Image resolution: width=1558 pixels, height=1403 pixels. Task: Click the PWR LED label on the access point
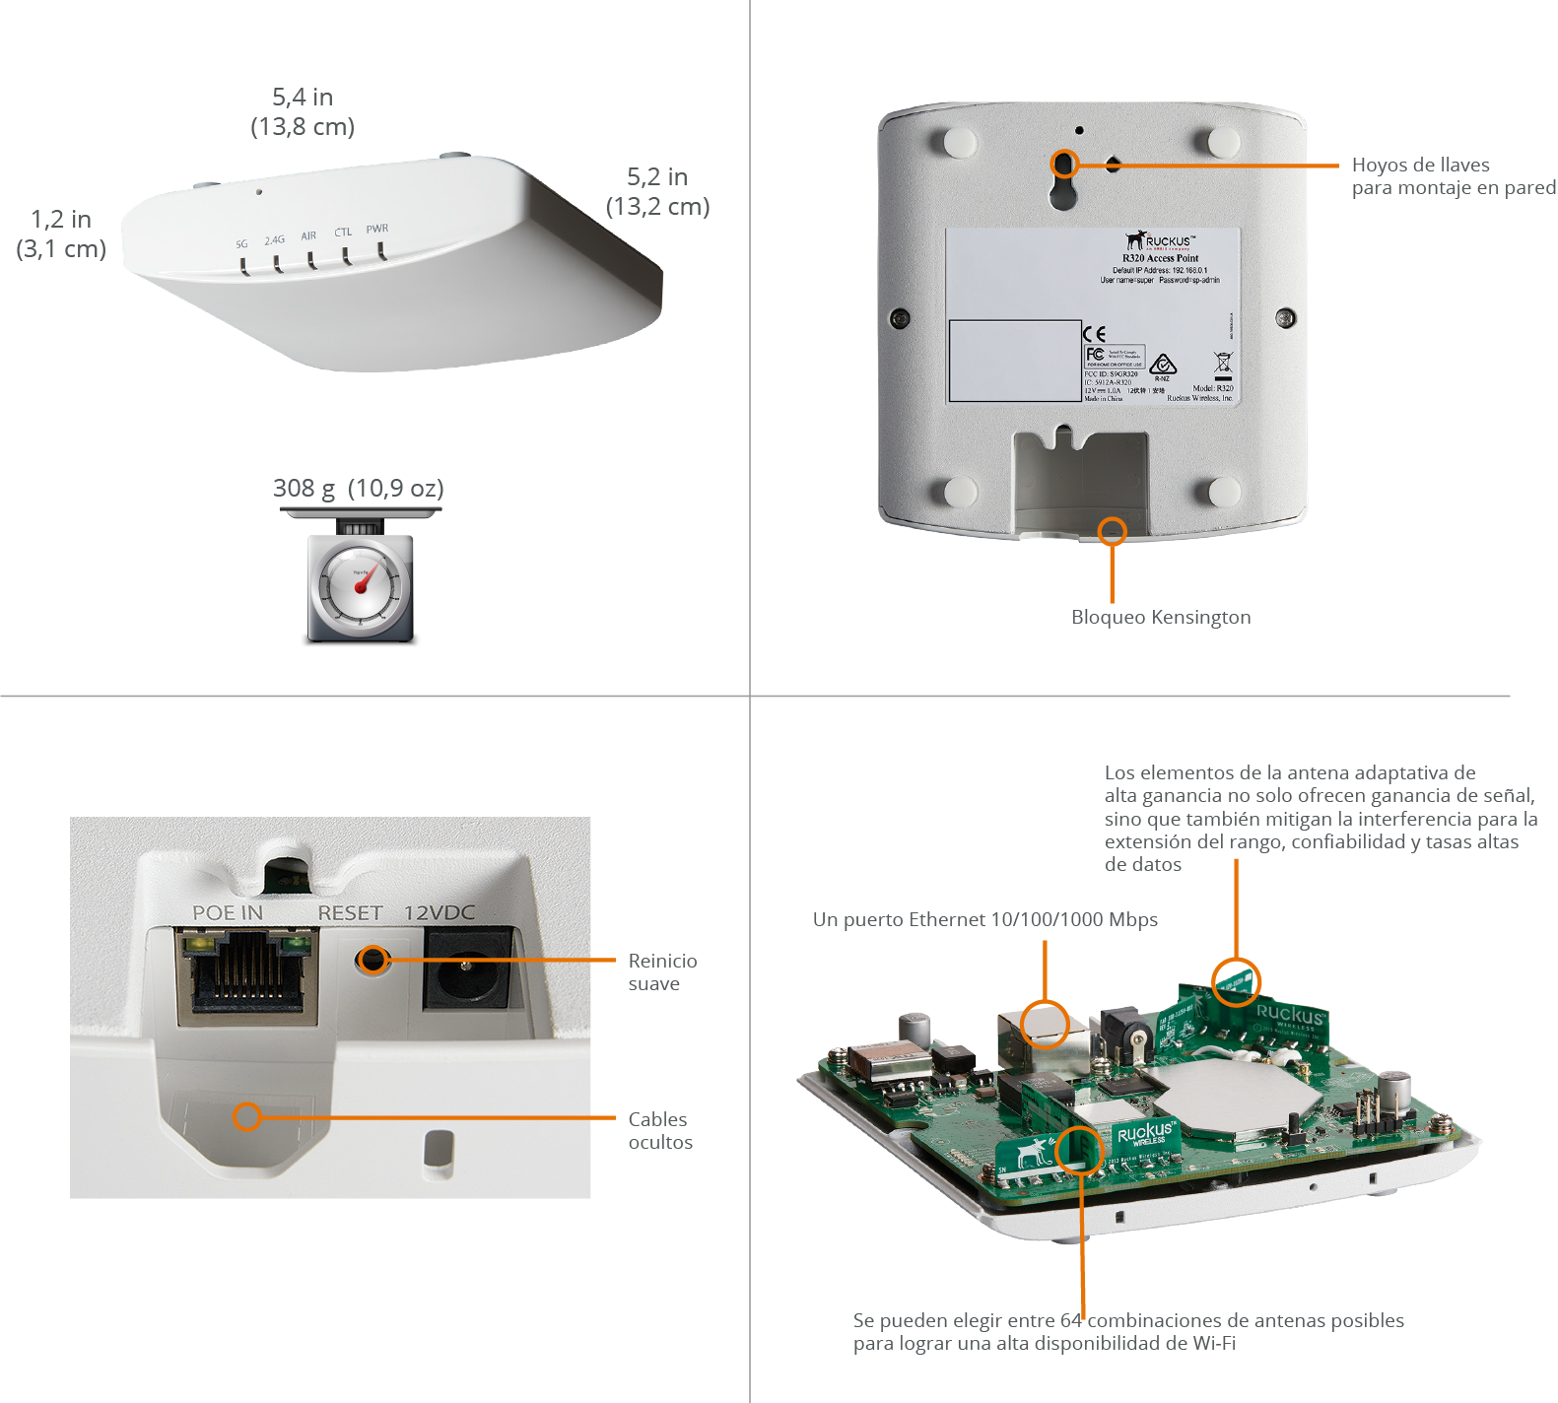pyautogui.click(x=377, y=229)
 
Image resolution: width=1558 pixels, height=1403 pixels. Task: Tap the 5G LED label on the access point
pyautogui.click(x=241, y=243)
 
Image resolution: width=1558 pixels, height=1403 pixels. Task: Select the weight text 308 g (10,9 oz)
pyautogui.click(x=358, y=488)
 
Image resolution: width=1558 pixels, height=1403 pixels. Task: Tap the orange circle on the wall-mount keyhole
pyautogui.click(x=1064, y=164)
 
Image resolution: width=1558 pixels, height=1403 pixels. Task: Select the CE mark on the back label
pyautogui.click(x=1094, y=334)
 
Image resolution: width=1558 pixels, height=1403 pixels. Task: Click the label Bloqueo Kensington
pyautogui.click(x=1161, y=617)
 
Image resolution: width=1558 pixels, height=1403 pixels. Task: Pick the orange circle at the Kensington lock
pyautogui.click(x=1112, y=531)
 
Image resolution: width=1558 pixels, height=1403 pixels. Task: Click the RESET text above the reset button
pyautogui.click(x=350, y=913)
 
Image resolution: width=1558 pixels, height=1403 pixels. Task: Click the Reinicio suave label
pyautogui.click(x=662, y=971)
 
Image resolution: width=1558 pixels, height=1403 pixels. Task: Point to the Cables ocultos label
pyautogui.click(x=660, y=1130)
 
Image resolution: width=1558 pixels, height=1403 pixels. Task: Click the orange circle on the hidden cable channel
pyautogui.click(x=246, y=1116)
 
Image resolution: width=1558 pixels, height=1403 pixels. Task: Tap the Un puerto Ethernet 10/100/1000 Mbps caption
pyautogui.click(x=984, y=919)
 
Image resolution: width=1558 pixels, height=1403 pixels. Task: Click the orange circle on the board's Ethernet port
pyautogui.click(x=1045, y=1024)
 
